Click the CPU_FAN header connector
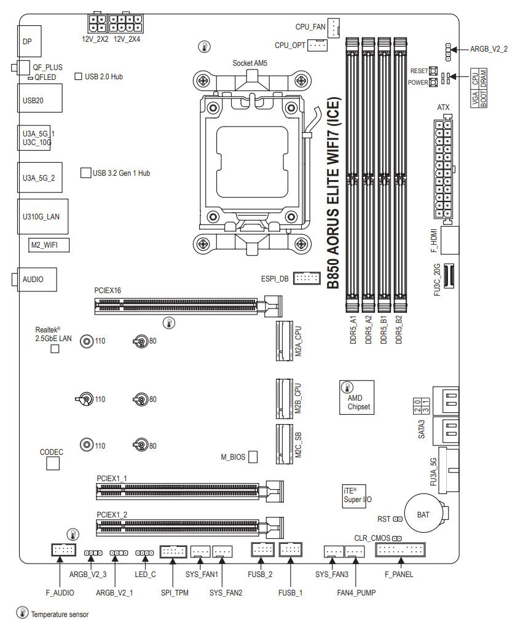[x=333, y=28]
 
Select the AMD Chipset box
[x=357, y=398]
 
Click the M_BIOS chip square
[x=253, y=457]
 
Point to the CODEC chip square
[x=53, y=463]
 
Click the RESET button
[x=433, y=71]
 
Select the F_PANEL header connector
[x=400, y=550]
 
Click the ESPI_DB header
[x=307, y=278]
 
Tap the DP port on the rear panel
[x=29, y=41]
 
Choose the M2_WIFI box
[x=49, y=245]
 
